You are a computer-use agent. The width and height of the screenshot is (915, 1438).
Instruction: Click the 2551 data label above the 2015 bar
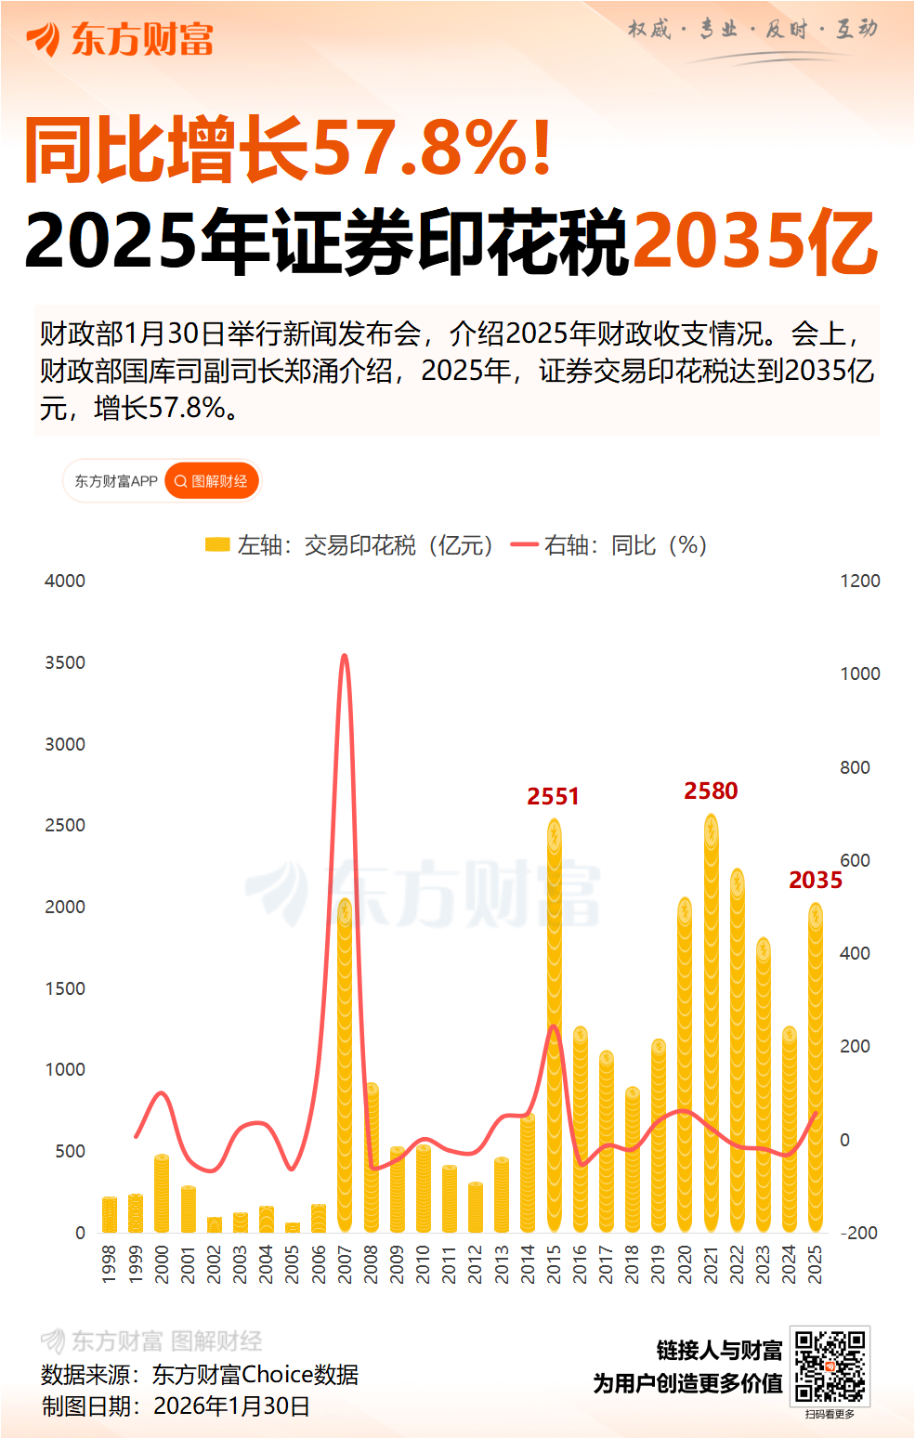pos(553,796)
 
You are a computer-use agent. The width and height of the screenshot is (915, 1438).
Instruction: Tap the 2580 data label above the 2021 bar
pos(711,791)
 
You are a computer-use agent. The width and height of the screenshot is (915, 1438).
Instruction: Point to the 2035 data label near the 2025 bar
pos(815,880)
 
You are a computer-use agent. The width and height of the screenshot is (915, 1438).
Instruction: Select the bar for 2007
pos(345,1068)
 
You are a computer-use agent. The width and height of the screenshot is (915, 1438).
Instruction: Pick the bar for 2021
pos(711,1022)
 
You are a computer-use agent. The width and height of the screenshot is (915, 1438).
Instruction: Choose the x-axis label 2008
pos(371,1265)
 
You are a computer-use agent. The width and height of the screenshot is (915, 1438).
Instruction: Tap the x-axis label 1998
pos(109,1265)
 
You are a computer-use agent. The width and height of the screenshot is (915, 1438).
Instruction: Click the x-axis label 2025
pos(815,1265)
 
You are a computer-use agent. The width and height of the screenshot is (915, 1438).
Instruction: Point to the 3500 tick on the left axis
pos(65,662)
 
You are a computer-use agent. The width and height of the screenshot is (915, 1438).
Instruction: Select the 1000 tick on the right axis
pos(859,673)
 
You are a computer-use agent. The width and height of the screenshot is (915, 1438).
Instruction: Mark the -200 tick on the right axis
pos(858,1233)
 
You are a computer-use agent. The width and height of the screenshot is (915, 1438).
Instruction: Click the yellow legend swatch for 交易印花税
pos(217,545)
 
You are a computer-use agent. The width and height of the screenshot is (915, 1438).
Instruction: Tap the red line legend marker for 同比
pos(525,545)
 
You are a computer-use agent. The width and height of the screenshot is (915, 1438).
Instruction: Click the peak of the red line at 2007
pos(345,656)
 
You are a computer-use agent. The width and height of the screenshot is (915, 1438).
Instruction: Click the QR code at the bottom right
pos(830,1366)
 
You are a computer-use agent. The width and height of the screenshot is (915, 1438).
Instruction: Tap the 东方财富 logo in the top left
pos(121,39)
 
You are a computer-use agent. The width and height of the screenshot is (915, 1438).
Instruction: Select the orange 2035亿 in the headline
pos(754,242)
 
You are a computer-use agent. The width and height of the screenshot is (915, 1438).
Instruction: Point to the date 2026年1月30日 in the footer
pos(231,1405)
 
